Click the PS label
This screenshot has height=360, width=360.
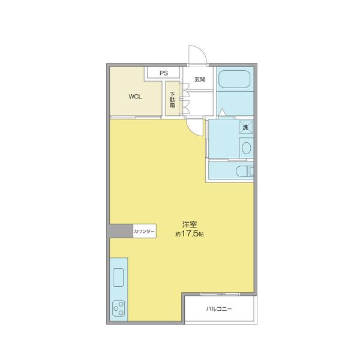[164, 73]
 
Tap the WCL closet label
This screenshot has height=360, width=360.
[135, 96]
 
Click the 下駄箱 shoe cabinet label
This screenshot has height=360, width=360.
[173, 100]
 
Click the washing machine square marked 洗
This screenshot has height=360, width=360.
[245, 127]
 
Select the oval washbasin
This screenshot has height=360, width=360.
[246, 147]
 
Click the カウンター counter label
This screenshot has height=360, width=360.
[145, 231]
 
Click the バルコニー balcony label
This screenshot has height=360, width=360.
[219, 310]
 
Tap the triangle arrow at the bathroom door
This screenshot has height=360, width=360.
[222, 111]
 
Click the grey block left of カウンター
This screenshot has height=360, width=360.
[120, 231]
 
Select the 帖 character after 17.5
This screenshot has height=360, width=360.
[202, 235]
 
